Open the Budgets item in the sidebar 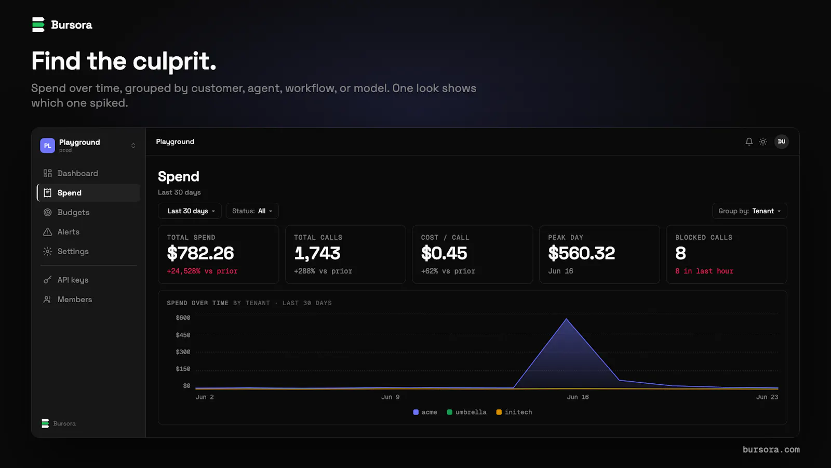click(73, 212)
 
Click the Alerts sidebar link click(68, 232)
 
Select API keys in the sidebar click(73, 280)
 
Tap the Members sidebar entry click(75, 300)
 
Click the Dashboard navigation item click(77, 174)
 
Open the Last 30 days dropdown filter click(190, 211)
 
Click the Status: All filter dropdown click(252, 211)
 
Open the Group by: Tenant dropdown click(749, 211)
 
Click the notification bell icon click(749, 141)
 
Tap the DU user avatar click(781, 141)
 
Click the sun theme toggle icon click(763, 141)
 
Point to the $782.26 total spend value click(200, 253)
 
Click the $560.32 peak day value click(581, 253)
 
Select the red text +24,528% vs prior click(202, 271)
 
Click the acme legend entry click(425, 412)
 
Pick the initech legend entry click(514, 412)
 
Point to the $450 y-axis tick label click(183, 335)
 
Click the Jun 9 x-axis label click(390, 397)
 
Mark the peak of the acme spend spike click(567, 319)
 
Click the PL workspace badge click(47, 146)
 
